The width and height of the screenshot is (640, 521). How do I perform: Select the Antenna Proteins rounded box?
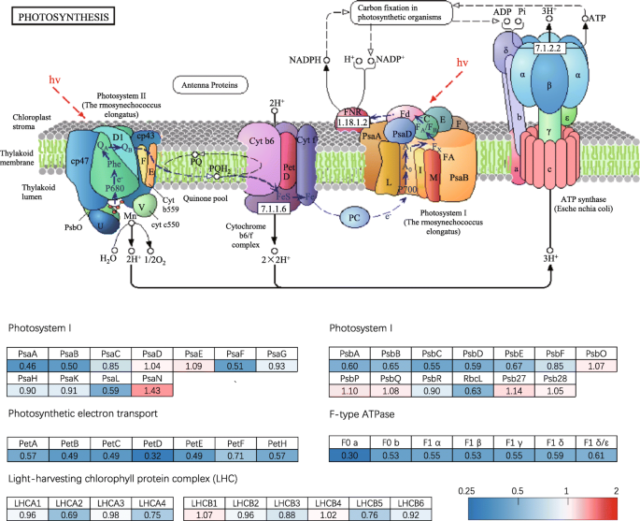point(204,86)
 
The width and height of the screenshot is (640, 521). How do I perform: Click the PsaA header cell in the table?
point(28,354)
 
